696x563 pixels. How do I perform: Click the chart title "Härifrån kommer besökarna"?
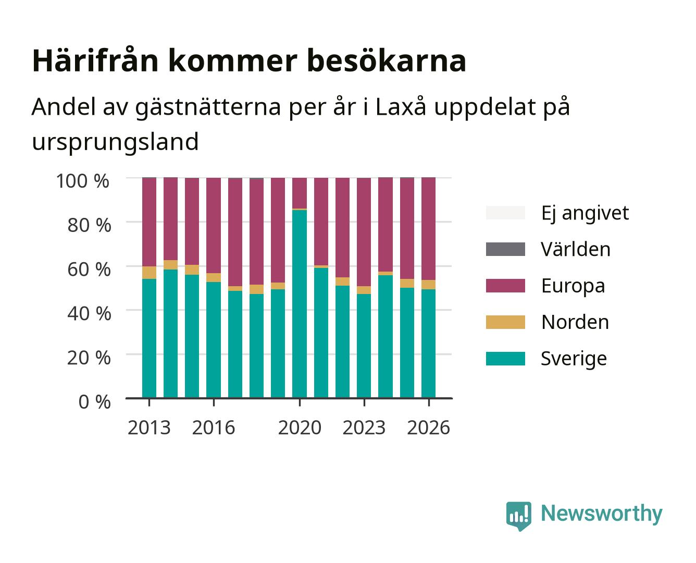(x=249, y=61)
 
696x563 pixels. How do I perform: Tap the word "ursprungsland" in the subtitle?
(x=115, y=142)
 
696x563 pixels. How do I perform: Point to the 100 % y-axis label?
(x=83, y=181)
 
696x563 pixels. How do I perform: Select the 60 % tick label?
(x=89, y=270)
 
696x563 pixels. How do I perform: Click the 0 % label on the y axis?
(x=94, y=402)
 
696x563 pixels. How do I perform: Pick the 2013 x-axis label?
(x=149, y=427)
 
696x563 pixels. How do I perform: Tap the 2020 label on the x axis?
(x=300, y=427)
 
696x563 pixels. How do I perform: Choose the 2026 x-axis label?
(x=428, y=427)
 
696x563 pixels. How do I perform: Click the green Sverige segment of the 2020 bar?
(x=300, y=304)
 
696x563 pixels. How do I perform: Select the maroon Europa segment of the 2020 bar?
(x=300, y=193)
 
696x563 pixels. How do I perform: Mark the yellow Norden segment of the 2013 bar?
(x=149, y=273)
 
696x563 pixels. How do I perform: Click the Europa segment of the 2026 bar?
(x=428, y=229)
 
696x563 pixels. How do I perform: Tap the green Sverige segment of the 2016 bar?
(x=214, y=340)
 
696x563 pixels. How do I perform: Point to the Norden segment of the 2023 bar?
(x=364, y=290)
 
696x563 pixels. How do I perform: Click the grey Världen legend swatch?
(x=505, y=249)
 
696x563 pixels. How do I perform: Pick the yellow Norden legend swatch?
(x=505, y=322)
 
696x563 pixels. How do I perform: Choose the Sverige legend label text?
(x=574, y=359)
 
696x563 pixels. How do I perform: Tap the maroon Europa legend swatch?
(x=505, y=286)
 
